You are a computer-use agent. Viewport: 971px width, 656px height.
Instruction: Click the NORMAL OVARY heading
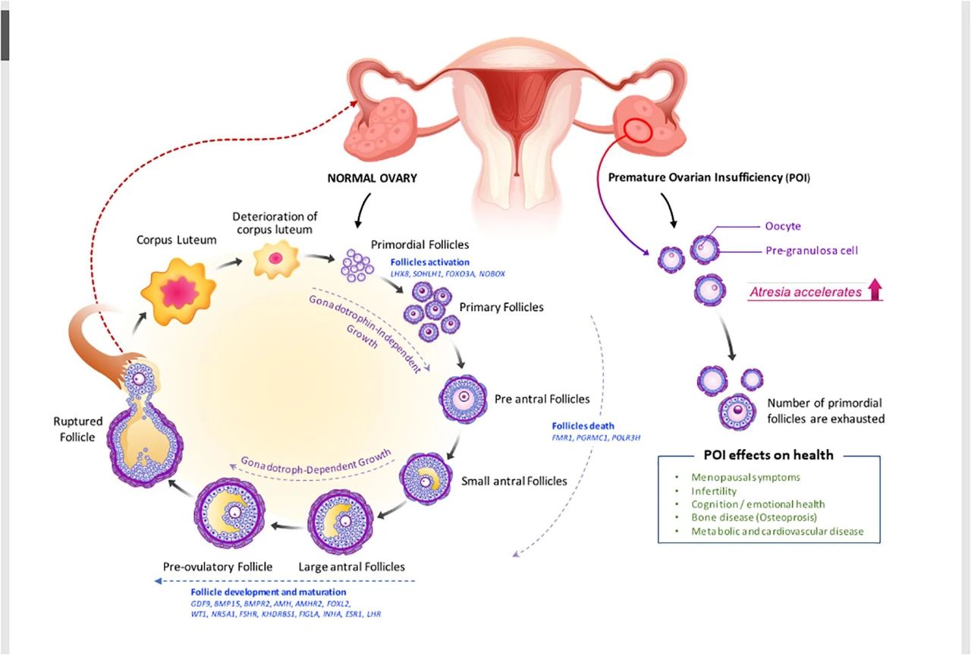[x=372, y=178]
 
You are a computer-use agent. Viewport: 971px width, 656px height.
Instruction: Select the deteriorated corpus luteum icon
[x=276, y=259]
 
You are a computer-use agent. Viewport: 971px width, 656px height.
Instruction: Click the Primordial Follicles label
[x=420, y=245]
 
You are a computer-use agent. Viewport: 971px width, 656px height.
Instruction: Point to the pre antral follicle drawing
[x=463, y=399]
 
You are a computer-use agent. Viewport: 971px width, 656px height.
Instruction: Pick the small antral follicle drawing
[x=426, y=479]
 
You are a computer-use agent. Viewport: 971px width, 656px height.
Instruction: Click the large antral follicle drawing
[x=341, y=522]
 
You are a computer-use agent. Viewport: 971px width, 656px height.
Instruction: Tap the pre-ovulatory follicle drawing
[x=230, y=513]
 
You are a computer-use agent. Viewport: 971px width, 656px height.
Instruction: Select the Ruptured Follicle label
[x=77, y=429]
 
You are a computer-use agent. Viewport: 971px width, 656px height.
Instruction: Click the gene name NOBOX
[x=492, y=274]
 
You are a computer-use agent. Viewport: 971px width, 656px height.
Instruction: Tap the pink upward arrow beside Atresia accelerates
[x=875, y=289]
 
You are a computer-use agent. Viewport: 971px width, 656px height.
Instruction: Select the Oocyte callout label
[x=783, y=226]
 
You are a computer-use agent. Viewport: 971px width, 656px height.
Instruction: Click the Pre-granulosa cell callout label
[x=812, y=250]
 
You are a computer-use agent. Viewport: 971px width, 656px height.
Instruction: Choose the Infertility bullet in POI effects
[x=714, y=491]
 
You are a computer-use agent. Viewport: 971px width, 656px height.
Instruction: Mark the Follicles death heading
[x=583, y=426]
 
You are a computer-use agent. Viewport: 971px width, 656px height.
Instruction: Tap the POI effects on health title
[x=768, y=455]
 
